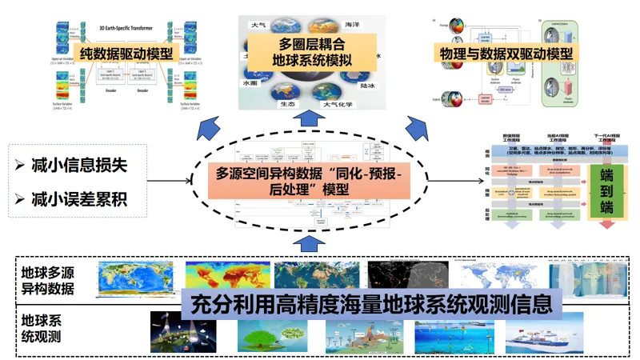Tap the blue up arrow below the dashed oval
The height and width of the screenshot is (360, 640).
(x=313, y=242)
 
